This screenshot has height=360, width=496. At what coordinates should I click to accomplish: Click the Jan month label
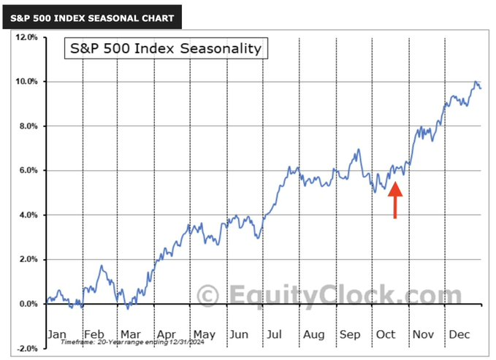coord(57,334)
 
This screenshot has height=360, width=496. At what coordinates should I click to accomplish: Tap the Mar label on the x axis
coord(131,334)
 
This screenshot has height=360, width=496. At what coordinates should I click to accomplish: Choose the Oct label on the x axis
coord(385,334)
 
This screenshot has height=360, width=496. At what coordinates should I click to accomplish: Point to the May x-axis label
coord(204,334)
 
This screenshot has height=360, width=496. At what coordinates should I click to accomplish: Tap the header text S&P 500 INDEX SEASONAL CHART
coord(92,18)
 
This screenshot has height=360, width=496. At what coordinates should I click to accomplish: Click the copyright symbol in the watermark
coord(209,296)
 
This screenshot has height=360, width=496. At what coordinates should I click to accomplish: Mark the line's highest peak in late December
coord(476,82)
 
